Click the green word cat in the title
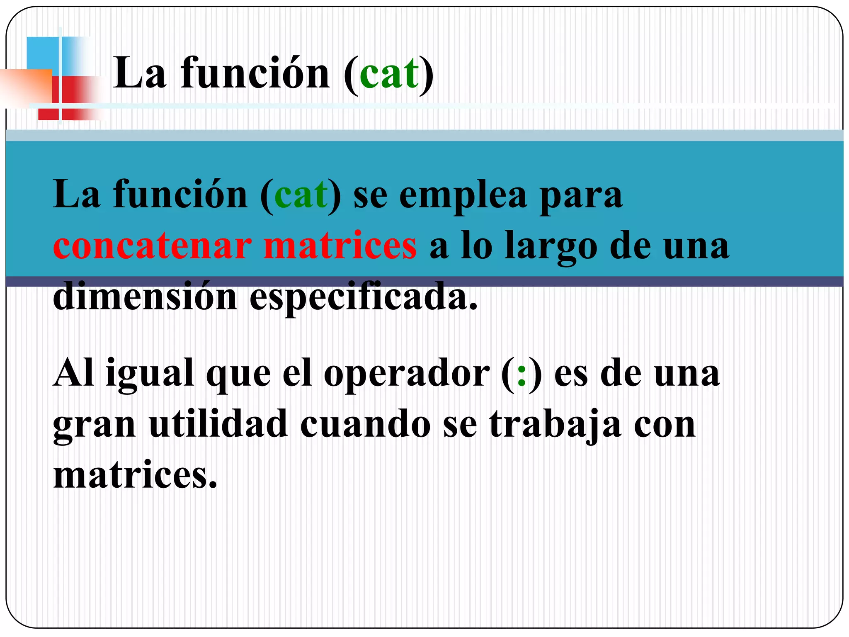389,74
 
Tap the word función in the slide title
255,74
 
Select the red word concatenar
152,246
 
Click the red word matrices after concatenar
340,246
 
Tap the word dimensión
145,296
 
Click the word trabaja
555,425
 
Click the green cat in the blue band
301,195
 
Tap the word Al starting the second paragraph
74,373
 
